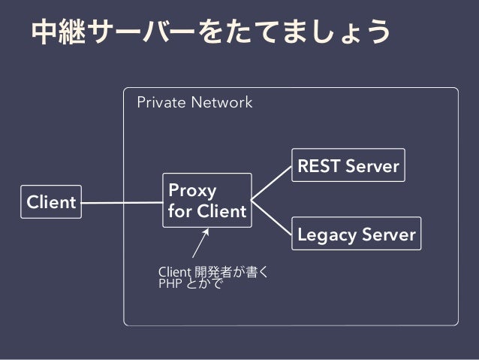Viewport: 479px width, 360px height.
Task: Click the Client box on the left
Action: [x=51, y=202]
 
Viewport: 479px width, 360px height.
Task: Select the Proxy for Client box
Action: [x=207, y=201]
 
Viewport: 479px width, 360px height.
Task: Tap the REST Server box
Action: [x=348, y=165]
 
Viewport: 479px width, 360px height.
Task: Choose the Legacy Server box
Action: [x=356, y=234]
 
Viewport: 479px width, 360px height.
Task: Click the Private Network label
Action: [x=194, y=102]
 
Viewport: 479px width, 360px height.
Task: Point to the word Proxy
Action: [x=192, y=191]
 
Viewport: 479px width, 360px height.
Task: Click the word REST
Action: [x=318, y=166]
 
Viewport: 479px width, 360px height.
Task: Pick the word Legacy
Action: [x=327, y=235]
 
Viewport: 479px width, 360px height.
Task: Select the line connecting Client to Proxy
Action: [x=122, y=202]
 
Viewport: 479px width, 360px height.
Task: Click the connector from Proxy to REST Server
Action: [x=271, y=183]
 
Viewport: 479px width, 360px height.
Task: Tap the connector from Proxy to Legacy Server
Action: [x=271, y=218]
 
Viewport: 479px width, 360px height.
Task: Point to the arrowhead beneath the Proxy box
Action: [x=206, y=231]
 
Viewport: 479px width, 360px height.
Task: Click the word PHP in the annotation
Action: [x=170, y=283]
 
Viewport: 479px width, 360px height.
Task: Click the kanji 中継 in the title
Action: [x=59, y=32]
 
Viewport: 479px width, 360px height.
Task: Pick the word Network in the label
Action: [x=221, y=102]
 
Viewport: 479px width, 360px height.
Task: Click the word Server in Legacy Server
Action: [x=389, y=234]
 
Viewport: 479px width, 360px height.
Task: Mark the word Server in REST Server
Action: [x=372, y=166]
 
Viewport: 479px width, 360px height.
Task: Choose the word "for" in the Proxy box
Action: [x=179, y=210]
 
